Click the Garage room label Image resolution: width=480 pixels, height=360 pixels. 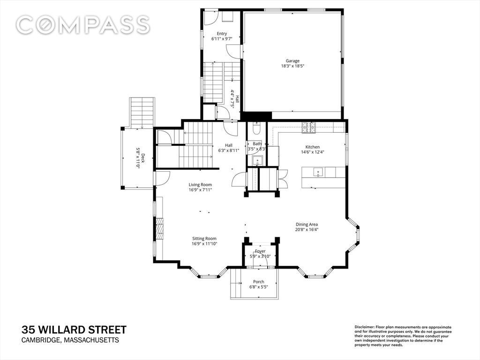pyautogui.click(x=292, y=61)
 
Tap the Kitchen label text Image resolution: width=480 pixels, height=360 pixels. pyautogui.click(x=313, y=147)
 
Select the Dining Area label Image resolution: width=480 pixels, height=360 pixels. pyautogui.click(x=307, y=225)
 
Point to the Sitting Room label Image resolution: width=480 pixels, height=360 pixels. pyautogui.click(x=204, y=239)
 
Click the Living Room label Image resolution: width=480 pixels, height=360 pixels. pyautogui.click(x=200, y=185)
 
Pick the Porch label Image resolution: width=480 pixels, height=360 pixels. pyautogui.click(x=259, y=282)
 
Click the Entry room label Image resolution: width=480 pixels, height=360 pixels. pyautogui.click(x=222, y=34)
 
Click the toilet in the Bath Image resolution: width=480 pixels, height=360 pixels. pyautogui.click(x=256, y=128)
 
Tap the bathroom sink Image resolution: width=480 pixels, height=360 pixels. pyautogui.click(x=257, y=160)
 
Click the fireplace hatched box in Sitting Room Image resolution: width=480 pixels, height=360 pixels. pyautogui.click(x=159, y=228)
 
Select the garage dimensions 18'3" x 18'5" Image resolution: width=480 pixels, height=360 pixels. pyautogui.click(x=292, y=66)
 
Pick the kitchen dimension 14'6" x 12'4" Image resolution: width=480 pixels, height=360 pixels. pyautogui.click(x=313, y=152)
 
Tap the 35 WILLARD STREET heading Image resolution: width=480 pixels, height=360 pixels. pyautogui.click(x=74, y=330)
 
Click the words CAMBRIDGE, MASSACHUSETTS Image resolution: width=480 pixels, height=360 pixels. pyautogui.click(x=70, y=340)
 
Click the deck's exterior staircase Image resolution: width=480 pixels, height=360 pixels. pyautogui.click(x=142, y=112)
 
